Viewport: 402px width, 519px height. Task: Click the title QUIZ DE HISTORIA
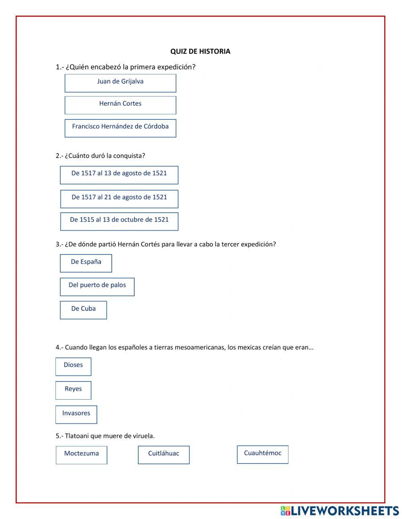coord(200,51)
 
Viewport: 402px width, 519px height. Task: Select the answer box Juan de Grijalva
coord(120,83)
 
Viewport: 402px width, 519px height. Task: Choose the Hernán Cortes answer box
coord(120,105)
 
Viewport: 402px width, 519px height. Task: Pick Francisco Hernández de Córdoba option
coord(120,128)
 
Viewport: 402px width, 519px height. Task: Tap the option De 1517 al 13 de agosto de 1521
coord(119,175)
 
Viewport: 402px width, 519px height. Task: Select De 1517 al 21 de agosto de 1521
coord(119,199)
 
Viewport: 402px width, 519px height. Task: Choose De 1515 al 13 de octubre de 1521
coord(119,221)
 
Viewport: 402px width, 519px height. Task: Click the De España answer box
coord(86,263)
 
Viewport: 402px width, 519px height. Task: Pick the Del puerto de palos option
coord(97,287)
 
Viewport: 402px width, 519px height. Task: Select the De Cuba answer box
coord(83,310)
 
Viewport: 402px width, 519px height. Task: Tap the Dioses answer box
coord(73,366)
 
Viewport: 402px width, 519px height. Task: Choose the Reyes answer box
coord(73,390)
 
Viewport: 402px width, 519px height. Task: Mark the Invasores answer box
coord(76,414)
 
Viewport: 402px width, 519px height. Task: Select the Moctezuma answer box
coord(81,455)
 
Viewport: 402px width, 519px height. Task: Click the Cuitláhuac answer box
coord(164,455)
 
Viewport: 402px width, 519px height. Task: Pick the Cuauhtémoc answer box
coord(263,454)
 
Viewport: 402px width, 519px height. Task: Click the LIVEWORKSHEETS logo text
coord(344,511)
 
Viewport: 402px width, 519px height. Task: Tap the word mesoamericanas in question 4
coord(200,347)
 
